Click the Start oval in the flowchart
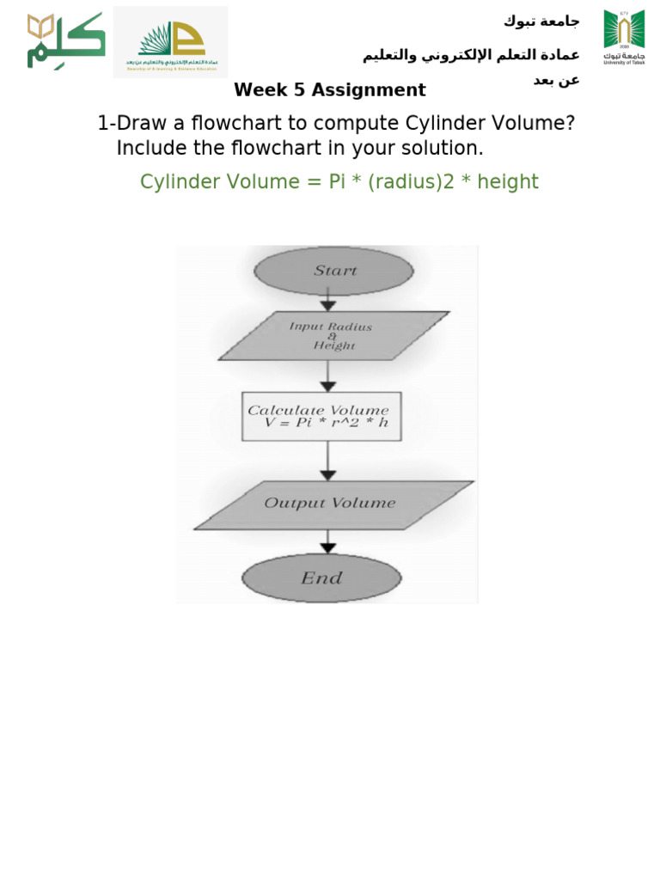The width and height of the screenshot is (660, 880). [x=333, y=271]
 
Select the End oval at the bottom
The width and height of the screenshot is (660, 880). [x=321, y=578]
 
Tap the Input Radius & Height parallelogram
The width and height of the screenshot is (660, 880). [x=333, y=335]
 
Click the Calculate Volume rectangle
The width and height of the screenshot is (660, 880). [x=321, y=417]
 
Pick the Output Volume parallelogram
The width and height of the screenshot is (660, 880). [x=333, y=504]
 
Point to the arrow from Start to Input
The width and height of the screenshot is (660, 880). [x=327, y=300]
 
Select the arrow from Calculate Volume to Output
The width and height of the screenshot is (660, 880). [x=327, y=462]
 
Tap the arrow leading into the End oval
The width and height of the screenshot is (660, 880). [x=327, y=543]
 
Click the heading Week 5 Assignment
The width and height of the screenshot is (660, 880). [x=329, y=90]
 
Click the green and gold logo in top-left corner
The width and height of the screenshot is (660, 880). [x=65, y=40]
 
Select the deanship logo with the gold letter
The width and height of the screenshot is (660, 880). [x=170, y=42]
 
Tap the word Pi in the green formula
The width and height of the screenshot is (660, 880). [x=337, y=182]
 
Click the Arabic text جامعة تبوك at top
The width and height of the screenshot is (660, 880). [x=541, y=21]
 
